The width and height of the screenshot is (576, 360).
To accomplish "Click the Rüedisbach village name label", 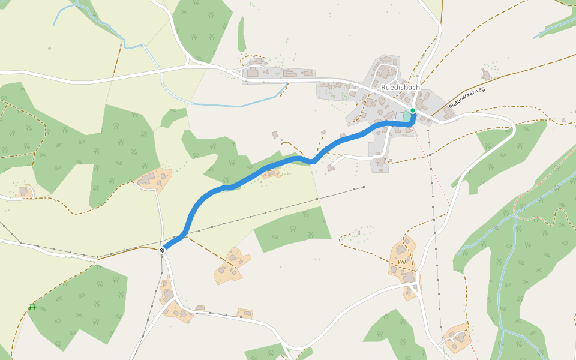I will click(x=400, y=87).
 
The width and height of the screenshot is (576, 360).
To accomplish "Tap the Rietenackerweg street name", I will click(x=466, y=97).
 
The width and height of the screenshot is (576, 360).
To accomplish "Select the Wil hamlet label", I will click(x=401, y=262).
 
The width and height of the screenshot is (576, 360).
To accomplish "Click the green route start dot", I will click(x=413, y=110).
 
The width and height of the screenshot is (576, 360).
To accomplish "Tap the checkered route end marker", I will click(x=162, y=250).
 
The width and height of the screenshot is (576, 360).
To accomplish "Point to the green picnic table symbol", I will click(x=32, y=307).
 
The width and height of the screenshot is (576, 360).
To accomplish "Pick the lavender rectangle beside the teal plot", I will click(x=400, y=116).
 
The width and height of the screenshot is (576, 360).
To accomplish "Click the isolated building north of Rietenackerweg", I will click(x=486, y=75).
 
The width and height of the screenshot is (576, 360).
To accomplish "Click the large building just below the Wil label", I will click(x=408, y=277).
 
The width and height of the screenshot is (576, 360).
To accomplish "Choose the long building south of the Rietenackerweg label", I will click(x=448, y=113).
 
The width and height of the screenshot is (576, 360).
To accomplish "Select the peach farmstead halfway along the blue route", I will click(x=271, y=173).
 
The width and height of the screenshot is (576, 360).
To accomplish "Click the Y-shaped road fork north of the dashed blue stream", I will click(x=188, y=60).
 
